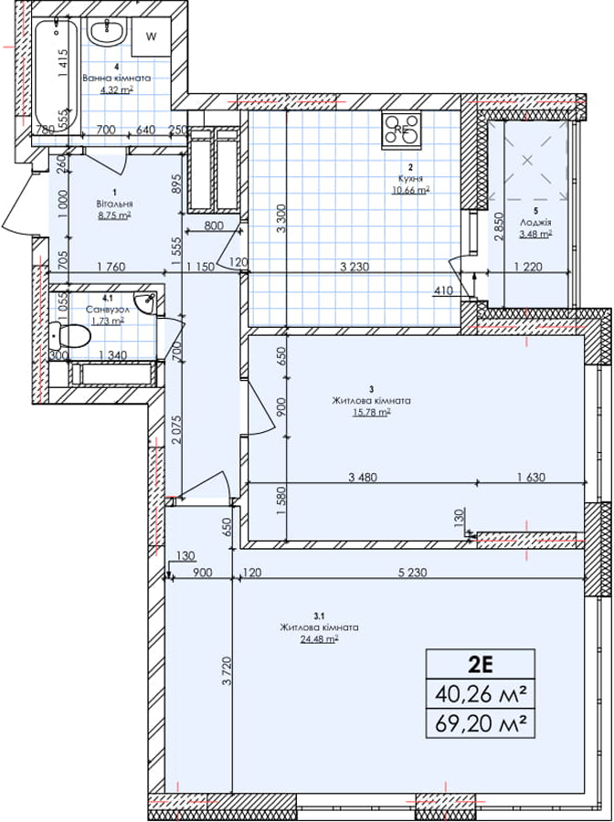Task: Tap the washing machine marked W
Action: (151, 37)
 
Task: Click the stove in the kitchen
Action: (402, 129)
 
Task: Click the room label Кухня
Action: (410, 179)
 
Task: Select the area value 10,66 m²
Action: (410, 190)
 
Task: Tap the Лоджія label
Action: (535, 222)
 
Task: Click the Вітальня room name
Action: (114, 204)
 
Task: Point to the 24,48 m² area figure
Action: (320, 639)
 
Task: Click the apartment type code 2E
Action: (482, 664)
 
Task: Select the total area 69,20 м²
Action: (482, 725)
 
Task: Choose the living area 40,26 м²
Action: (482, 695)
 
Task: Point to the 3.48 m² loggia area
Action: (535, 234)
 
